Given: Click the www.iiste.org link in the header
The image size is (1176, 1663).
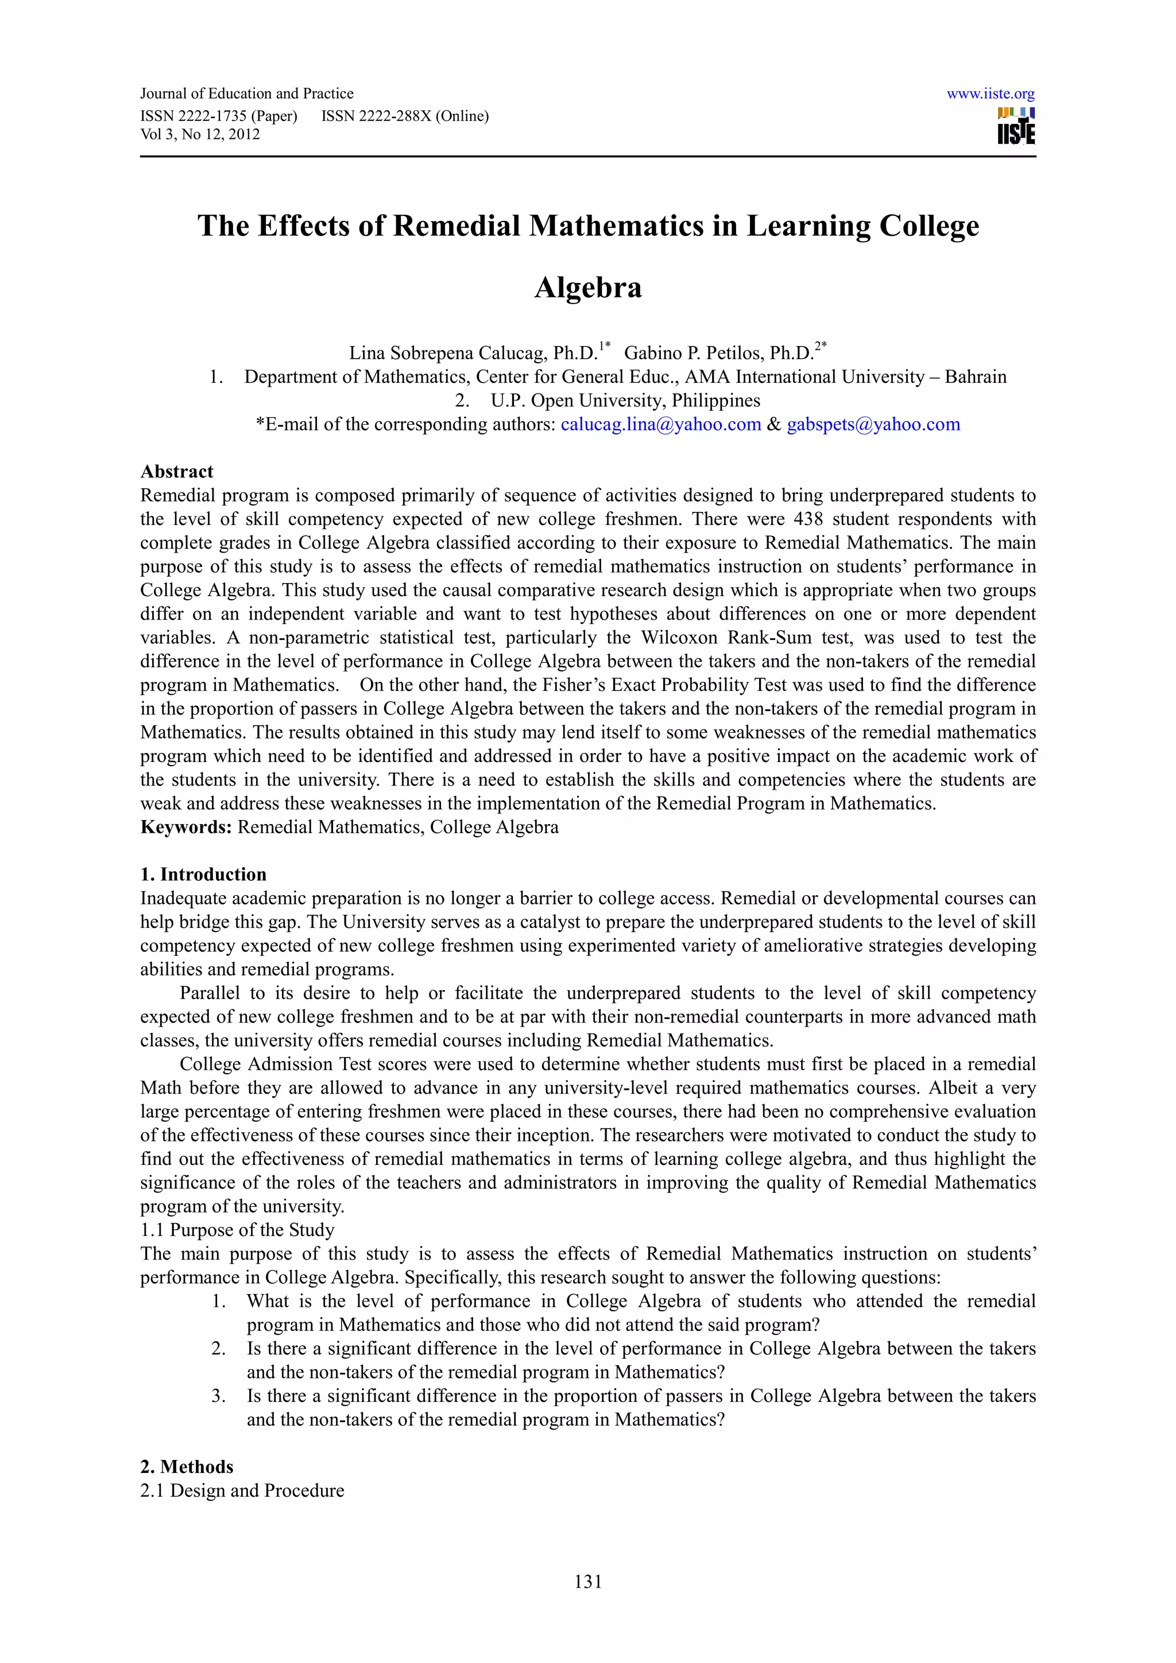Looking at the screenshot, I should (990, 94).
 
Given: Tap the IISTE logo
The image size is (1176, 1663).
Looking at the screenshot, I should (1016, 126).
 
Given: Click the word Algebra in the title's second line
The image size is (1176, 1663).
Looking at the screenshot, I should (587, 287).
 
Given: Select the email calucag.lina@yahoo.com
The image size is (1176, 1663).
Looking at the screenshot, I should (660, 425).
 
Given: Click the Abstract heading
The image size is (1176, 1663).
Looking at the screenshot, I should (177, 472).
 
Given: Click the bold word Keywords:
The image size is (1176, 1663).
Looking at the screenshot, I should (185, 827).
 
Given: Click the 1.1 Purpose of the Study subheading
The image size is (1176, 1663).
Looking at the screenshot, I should (237, 1230).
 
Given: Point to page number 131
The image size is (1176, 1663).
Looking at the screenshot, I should (587, 1582).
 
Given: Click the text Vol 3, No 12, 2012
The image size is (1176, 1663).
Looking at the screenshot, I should (200, 134).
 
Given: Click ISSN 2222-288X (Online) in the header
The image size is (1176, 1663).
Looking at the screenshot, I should (404, 116).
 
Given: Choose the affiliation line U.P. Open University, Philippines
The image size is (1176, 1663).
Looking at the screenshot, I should (625, 401).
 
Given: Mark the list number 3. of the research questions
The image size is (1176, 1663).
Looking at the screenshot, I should (219, 1396).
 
